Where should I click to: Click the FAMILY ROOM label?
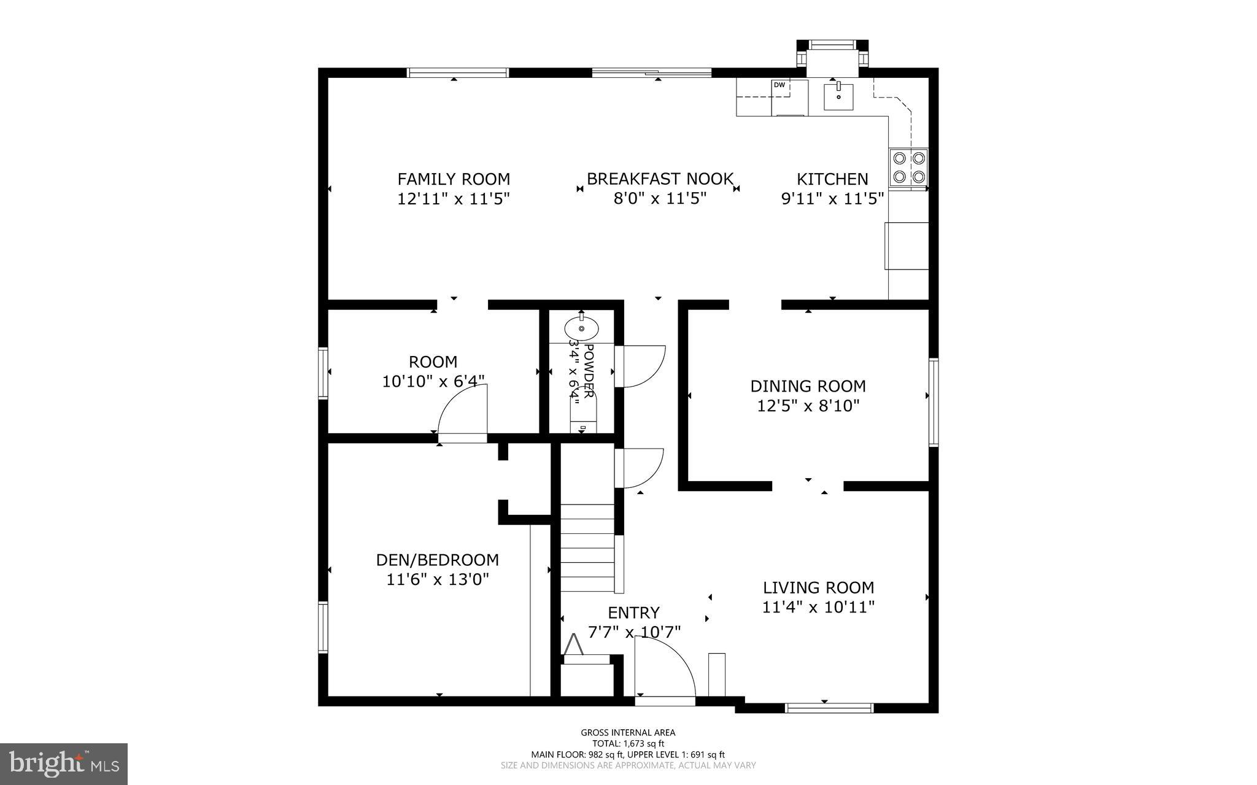(454, 179)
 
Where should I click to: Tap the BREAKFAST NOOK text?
(660, 179)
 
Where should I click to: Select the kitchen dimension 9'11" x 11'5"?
(832, 199)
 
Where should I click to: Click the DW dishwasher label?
(779, 85)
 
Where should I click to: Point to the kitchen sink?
(838, 96)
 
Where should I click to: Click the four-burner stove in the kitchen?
(908, 168)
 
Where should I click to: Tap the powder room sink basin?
(581, 328)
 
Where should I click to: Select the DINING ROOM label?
(808, 386)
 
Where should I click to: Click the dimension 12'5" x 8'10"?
(808, 406)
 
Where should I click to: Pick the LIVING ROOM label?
(818, 587)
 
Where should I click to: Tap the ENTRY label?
(633, 613)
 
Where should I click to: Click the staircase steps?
(587, 547)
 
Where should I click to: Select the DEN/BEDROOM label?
(437, 560)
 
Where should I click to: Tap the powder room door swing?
(643, 366)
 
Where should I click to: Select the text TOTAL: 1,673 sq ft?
(628, 743)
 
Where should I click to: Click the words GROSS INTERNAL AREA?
(628, 732)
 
